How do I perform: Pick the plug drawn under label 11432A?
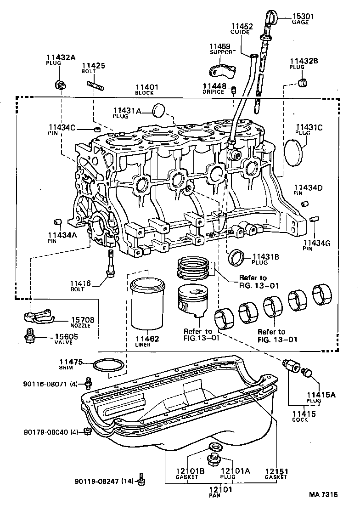[x=59, y=85]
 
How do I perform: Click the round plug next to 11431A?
[x=159, y=110]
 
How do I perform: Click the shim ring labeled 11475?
[x=108, y=366]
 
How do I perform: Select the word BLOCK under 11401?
[x=145, y=93]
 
